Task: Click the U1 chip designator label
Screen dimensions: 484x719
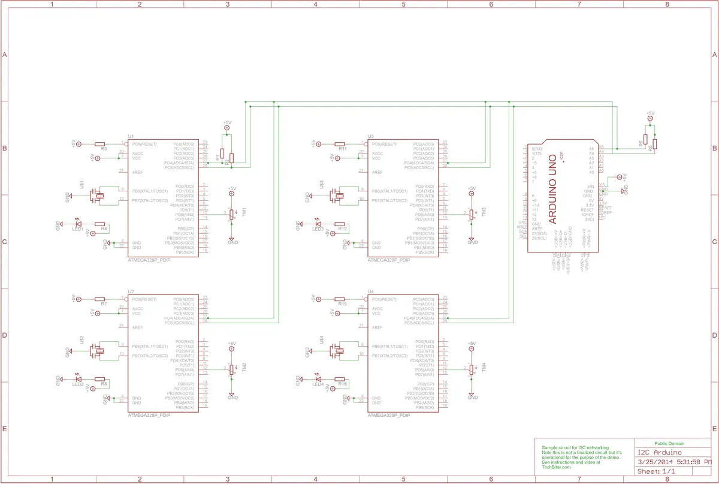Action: pos(131,137)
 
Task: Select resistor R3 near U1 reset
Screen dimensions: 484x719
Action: pos(100,144)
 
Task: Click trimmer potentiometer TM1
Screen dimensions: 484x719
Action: pos(232,214)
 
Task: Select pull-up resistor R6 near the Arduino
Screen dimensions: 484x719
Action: pos(655,144)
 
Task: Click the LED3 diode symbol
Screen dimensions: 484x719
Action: pos(318,224)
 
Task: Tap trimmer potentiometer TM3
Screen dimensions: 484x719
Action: pos(472,214)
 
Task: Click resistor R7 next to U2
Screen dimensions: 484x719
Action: pos(100,299)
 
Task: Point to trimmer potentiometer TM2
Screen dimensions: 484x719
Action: pos(232,369)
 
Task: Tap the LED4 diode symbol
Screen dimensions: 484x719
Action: pos(318,378)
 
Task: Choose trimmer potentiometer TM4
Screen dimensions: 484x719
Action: pos(472,369)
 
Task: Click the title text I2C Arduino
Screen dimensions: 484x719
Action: pos(658,452)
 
